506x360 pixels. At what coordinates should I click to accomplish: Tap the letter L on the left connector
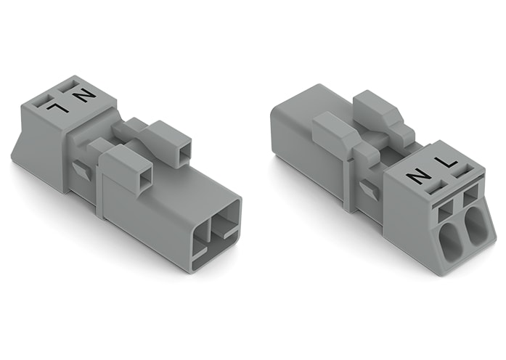coord(57,107)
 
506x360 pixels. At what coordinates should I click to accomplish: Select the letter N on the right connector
coord(417,176)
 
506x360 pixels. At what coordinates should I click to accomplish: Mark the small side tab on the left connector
coord(83,171)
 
